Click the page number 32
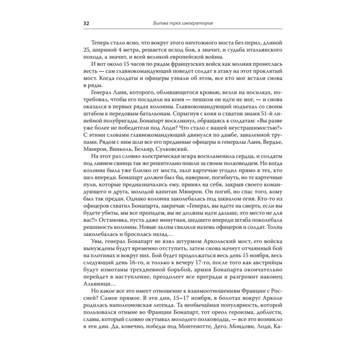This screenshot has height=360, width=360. coord(86,23)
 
